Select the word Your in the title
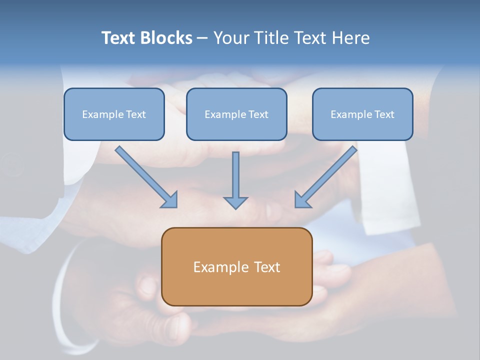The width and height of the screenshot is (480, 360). coord(232,38)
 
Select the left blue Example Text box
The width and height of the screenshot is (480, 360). coord(114,114)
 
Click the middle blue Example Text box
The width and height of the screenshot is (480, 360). coord(236,114)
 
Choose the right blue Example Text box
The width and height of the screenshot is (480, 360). coord(362,114)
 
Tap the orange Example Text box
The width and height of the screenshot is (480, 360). coord(236,266)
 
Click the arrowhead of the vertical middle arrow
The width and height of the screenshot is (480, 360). coord(235,202)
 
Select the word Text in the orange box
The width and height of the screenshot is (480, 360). coord(267,267)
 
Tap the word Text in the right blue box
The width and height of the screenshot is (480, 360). coord(384,114)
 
